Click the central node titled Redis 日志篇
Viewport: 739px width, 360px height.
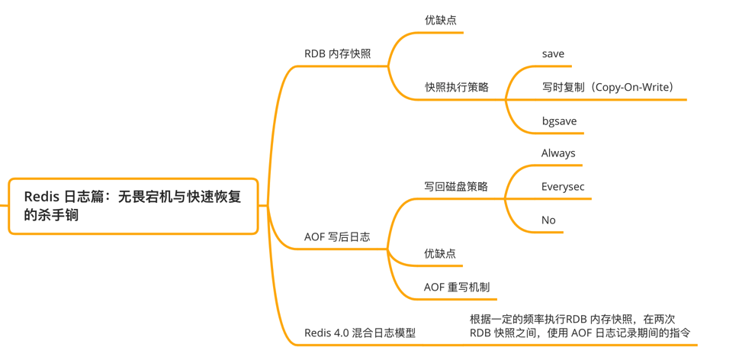coord(133,206)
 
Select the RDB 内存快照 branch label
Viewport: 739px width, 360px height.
coord(337,53)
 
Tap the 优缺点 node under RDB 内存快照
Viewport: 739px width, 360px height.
coord(441,20)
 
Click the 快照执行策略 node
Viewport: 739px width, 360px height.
coord(457,87)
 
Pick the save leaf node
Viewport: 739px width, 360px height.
coord(553,53)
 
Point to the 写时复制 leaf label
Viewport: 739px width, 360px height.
coord(563,87)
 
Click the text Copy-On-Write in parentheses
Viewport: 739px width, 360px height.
coord(631,87)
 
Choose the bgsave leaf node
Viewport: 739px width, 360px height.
coord(559,121)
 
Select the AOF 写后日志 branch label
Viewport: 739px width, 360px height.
coord(337,236)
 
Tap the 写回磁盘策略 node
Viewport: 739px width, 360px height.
coord(456,186)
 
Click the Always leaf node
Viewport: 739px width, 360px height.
coord(558,153)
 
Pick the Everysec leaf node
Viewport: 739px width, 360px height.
coord(563,186)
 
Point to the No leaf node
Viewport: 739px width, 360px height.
coord(548,220)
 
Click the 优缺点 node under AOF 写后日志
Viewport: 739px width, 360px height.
coord(440,253)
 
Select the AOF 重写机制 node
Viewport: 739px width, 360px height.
coord(457,287)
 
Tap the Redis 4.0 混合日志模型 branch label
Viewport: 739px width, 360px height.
coord(360,333)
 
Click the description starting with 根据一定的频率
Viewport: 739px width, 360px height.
coord(580,326)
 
